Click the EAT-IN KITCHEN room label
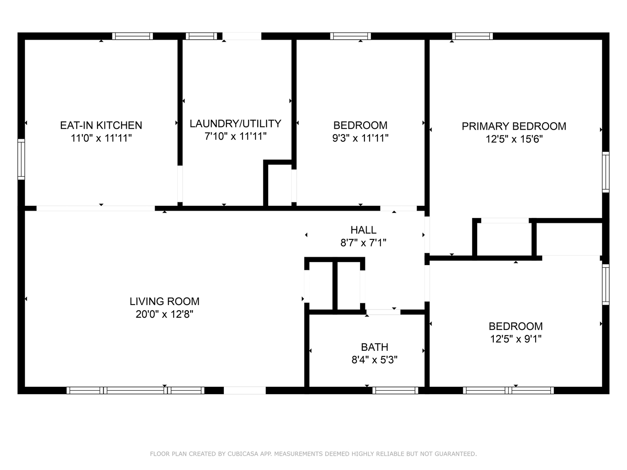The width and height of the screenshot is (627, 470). [101, 125]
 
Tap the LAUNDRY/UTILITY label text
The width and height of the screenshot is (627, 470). [236, 124]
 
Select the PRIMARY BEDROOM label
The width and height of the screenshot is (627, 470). [514, 126]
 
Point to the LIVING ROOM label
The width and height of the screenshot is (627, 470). [165, 301]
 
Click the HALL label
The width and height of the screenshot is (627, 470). [363, 230]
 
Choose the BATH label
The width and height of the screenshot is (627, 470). [374, 347]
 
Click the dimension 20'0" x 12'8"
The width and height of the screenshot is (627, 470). [165, 314]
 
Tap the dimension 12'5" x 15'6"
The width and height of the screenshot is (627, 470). [514, 139]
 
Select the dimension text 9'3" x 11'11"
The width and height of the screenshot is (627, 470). [360, 138]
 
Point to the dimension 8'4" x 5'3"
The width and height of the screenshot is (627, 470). [374, 360]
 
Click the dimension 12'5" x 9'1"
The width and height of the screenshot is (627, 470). [516, 339]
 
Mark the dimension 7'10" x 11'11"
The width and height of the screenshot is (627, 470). [236, 136]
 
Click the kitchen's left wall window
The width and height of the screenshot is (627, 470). [21, 159]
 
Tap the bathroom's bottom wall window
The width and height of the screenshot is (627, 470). [395, 390]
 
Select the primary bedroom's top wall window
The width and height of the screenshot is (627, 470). [472, 36]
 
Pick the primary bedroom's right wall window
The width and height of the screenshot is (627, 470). [606, 172]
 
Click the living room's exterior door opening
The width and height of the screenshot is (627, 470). [245, 390]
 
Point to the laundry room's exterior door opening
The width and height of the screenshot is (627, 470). [242, 36]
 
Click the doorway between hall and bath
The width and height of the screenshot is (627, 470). [383, 312]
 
